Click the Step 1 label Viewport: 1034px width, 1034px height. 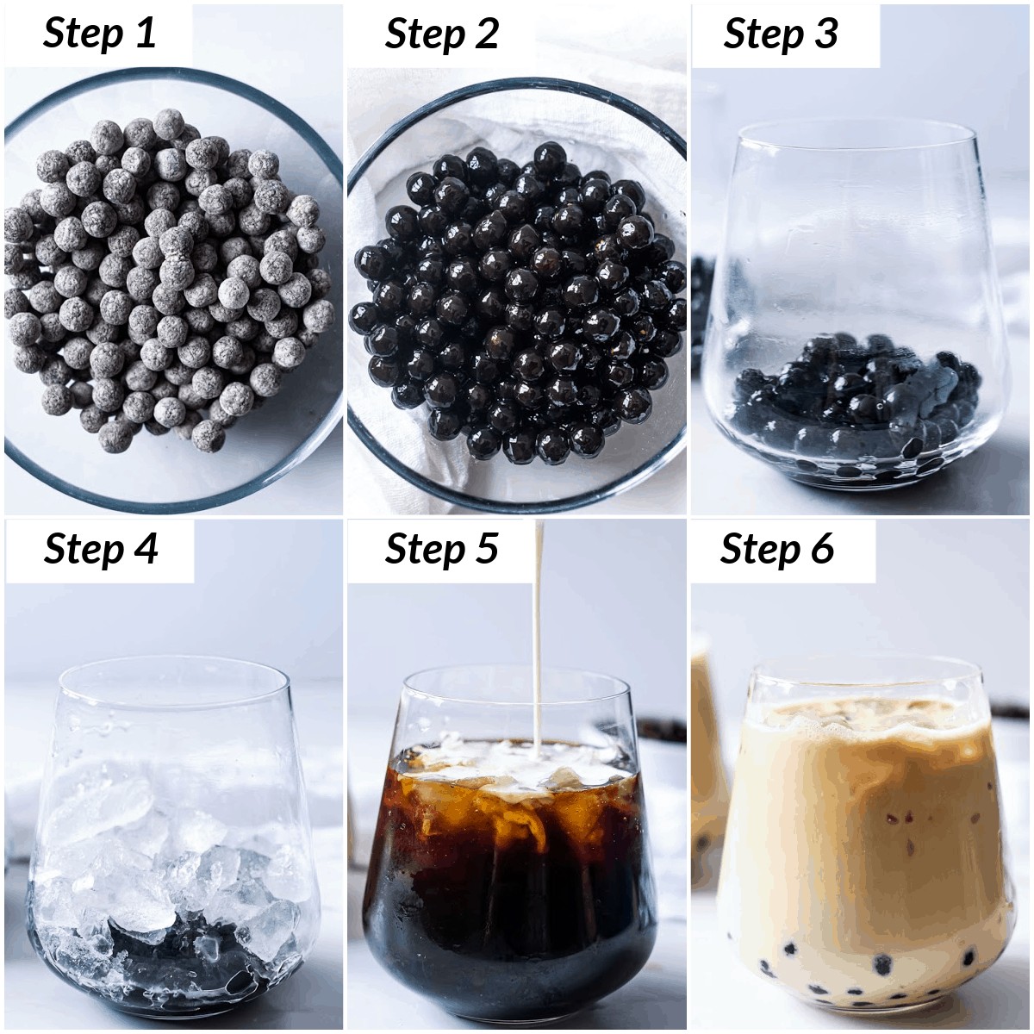point(99,34)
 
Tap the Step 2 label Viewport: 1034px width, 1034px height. point(442,34)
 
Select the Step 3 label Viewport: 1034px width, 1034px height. point(780,34)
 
